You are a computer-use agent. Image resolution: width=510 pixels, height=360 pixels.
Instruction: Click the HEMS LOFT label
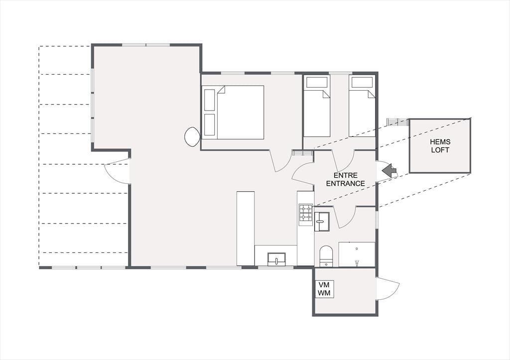click(440, 146)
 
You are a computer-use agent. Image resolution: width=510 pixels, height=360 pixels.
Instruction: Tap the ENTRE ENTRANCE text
click(346, 180)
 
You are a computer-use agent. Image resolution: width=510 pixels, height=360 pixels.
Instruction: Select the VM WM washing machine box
click(324, 289)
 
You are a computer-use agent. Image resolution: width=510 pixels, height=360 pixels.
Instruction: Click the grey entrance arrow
click(390, 170)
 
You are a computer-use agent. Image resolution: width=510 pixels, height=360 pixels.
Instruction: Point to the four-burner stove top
click(306, 213)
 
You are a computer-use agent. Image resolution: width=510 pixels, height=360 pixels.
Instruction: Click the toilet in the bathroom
click(326, 256)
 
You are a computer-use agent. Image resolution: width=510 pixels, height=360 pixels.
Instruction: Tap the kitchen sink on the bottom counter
click(276, 259)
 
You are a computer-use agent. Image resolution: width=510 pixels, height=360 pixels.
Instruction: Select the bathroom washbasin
click(322, 222)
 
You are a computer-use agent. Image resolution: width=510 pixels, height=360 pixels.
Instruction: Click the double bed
click(233, 113)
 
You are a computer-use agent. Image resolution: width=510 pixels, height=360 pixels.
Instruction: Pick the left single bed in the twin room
click(317, 106)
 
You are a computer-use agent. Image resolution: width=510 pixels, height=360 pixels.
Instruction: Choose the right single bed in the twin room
click(362, 106)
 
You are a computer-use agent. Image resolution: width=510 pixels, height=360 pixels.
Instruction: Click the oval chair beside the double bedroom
click(192, 136)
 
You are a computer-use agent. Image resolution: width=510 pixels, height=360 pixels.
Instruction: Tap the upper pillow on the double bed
click(210, 100)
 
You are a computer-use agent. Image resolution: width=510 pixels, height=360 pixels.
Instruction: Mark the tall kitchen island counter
click(246, 228)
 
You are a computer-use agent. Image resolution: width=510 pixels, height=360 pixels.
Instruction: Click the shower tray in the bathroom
click(357, 254)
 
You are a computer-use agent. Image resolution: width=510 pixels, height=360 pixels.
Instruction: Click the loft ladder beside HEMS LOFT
click(397, 122)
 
